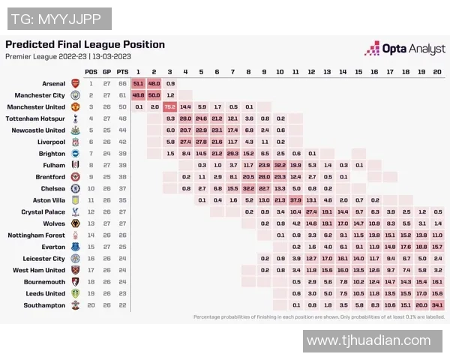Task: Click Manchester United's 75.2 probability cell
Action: click(x=169, y=106)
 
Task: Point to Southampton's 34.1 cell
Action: click(x=437, y=305)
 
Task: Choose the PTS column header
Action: click(x=123, y=71)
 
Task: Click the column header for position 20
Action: click(x=437, y=71)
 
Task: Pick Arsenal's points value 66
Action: click(x=123, y=83)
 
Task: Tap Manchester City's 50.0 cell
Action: click(x=154, y=95)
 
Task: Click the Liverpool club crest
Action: click(x=75, y=142)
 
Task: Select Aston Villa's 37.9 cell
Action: click(x=295, y=200)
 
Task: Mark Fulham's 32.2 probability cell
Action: click(x=280, y=165)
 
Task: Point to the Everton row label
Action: click(x=55, y=247)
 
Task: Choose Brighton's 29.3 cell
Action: click(x=232, y=153)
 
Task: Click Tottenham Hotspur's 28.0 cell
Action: click(x=185, y=118)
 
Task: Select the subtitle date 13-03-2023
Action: click(x=112, y=56)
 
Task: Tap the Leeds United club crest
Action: click(x=75, y=293)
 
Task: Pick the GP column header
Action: click(x=106, y=71)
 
